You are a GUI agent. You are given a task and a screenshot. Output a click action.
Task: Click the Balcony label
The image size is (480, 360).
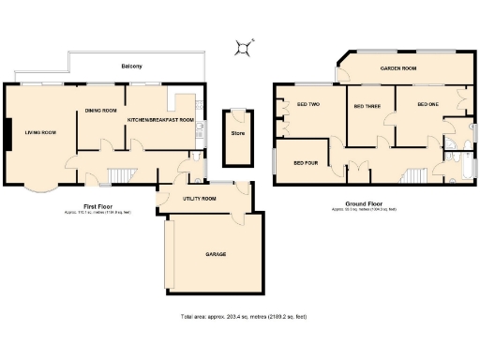[x=131, y=67]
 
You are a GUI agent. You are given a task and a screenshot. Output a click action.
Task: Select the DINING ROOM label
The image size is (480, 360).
[x=100, y=111]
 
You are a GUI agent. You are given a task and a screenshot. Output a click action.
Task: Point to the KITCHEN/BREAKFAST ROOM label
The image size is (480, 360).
[x=160, y=121]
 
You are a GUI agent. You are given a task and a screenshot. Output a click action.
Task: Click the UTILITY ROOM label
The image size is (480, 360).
[x=199, y=199]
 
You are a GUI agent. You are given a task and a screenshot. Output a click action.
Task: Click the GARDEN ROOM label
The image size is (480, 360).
[x=397, y=69]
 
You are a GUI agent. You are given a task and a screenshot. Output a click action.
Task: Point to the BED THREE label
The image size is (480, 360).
[x=367, y=107]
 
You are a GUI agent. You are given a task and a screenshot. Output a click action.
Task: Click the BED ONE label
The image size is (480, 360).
[x=427, y=104]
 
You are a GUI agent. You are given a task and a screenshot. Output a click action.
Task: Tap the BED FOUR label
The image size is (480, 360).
[x=306, y=163]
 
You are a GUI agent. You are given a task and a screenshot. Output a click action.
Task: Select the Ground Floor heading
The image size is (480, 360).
[x=362, y=203]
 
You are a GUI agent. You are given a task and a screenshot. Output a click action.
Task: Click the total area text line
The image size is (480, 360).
[x=243, y=317]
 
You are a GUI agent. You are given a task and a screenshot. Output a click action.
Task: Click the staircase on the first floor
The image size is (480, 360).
[x=119, y=177]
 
